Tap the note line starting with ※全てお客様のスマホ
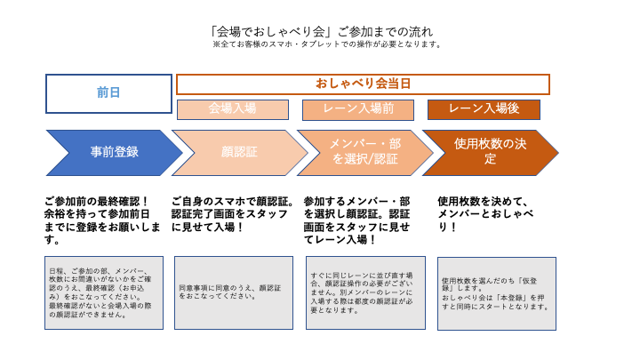327,44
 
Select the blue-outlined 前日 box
108,93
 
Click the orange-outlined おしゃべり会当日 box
363,84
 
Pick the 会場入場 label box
232,108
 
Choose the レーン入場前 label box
358,109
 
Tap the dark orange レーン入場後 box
484,109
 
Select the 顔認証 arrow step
238,152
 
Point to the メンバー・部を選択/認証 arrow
364,152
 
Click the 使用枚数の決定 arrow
490,152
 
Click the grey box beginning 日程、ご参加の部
104,292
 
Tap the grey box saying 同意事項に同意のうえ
234,292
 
